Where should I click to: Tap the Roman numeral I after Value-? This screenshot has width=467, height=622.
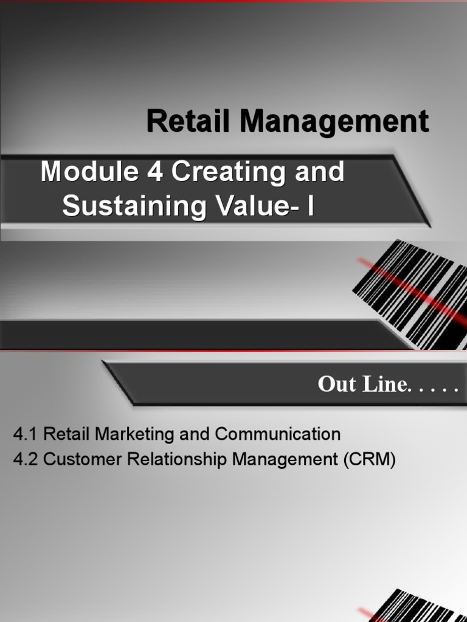coord(311,206)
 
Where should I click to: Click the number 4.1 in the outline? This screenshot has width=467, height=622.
coord(26,434)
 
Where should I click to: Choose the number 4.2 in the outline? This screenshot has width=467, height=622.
coord(26,460)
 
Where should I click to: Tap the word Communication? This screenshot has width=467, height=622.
coord(278,434)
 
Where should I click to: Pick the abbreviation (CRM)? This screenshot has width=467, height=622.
coord(369,460)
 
